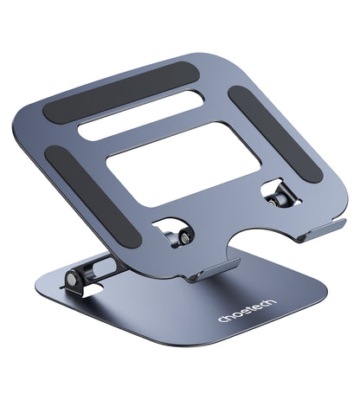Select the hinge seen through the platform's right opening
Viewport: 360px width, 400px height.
[274, 197]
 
